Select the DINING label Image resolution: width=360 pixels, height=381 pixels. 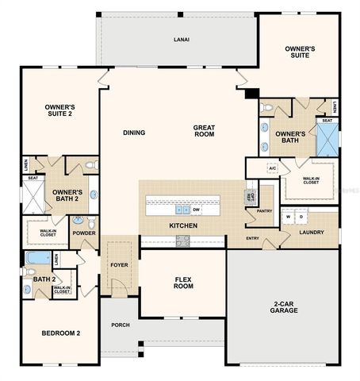click(134, 133)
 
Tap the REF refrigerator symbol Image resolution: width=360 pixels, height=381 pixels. click(250, 195)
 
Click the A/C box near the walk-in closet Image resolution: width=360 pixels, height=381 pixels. click(272, 168)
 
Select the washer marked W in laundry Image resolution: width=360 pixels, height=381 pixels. click(289, 216)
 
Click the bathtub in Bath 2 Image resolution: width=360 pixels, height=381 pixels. click(36, 259)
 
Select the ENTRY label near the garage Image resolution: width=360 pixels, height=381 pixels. click(252, 238)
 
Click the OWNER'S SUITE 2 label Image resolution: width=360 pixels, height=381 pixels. click(59, 110)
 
